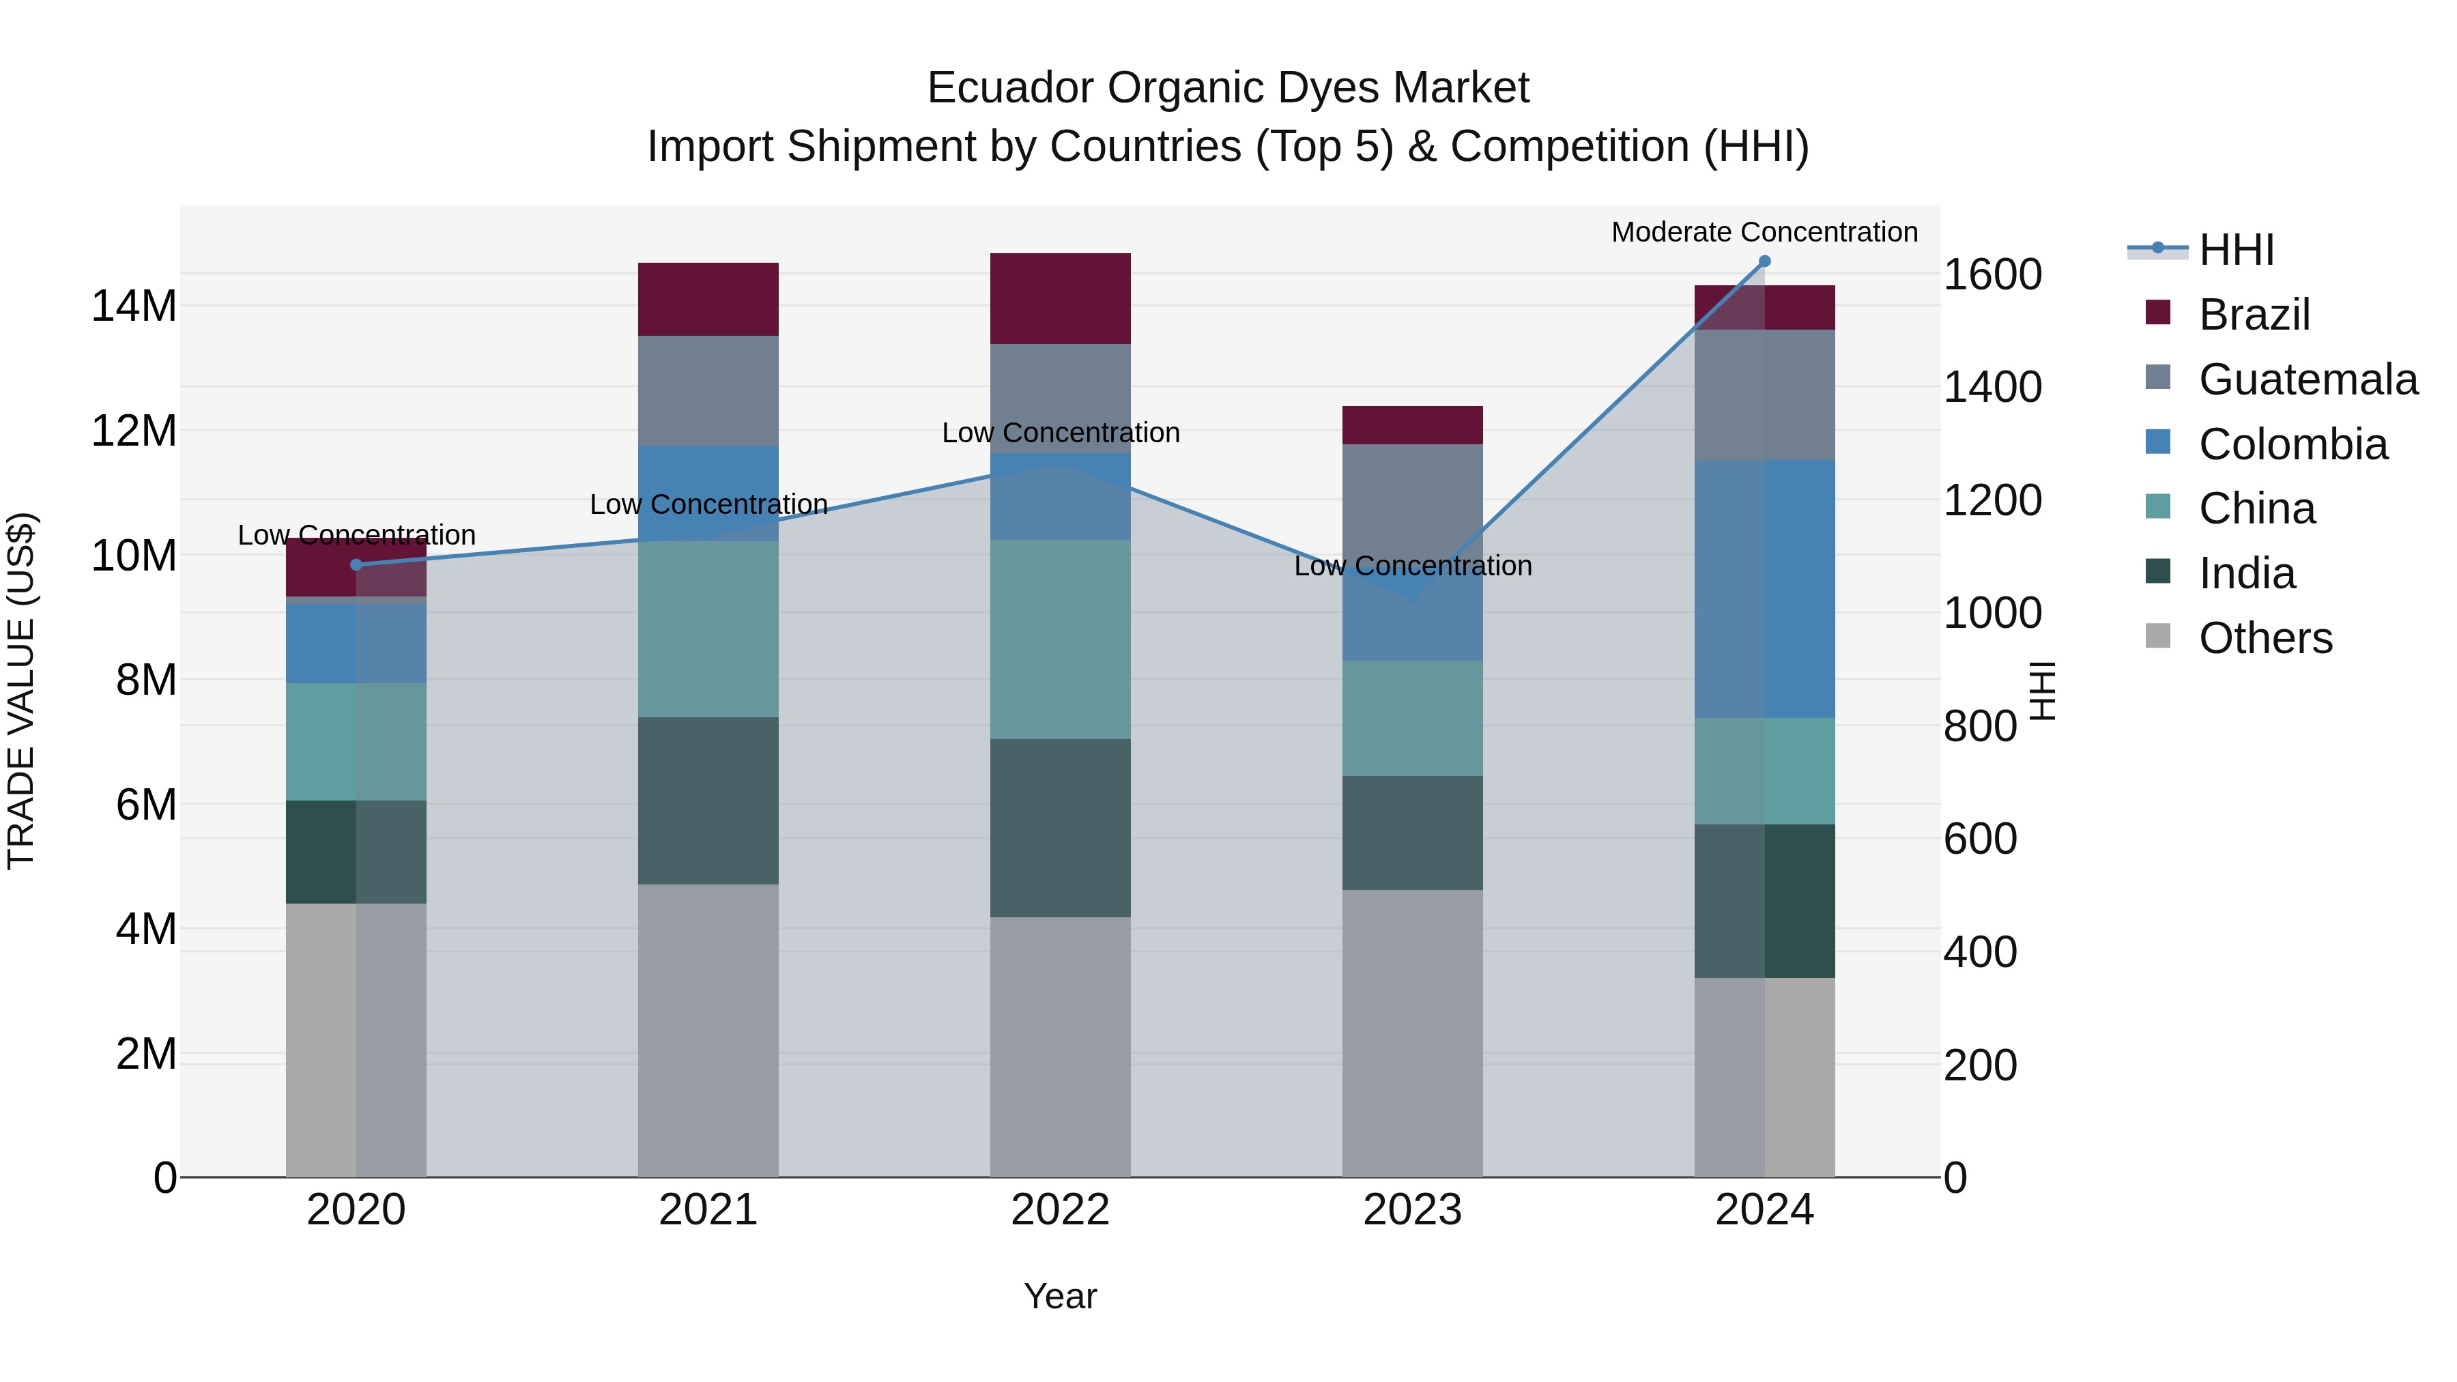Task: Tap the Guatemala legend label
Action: click(x=2308, y=379)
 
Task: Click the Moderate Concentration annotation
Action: click(x=1764, y=232)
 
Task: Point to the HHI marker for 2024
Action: click(x=1764, y=261)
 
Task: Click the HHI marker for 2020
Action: click(x=357, y=564)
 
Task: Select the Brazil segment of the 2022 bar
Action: click(x=1060, y=298)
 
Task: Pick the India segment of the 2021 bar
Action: click(x=708, y=801)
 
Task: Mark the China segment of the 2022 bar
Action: click(x=1060, y=639)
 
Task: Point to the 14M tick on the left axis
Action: click(x=134, y=307)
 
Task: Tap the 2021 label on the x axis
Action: click(x=708, y=1210)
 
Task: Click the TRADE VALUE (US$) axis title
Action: click(x=22, y=691)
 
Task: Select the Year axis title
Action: click(x=1060, y=1296)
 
